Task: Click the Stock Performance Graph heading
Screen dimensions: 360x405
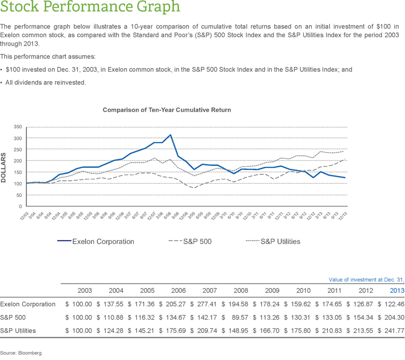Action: [x=90, y=8]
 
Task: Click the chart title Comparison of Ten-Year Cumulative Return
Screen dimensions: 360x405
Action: [x=167, y=110]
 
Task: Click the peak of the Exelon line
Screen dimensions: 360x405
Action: [x=170, y=135]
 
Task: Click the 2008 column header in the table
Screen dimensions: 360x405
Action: [x=241, y=291]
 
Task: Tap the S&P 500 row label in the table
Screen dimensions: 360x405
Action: [x=12, y=317]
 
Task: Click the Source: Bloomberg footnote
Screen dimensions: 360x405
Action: [x=21, y=353]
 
